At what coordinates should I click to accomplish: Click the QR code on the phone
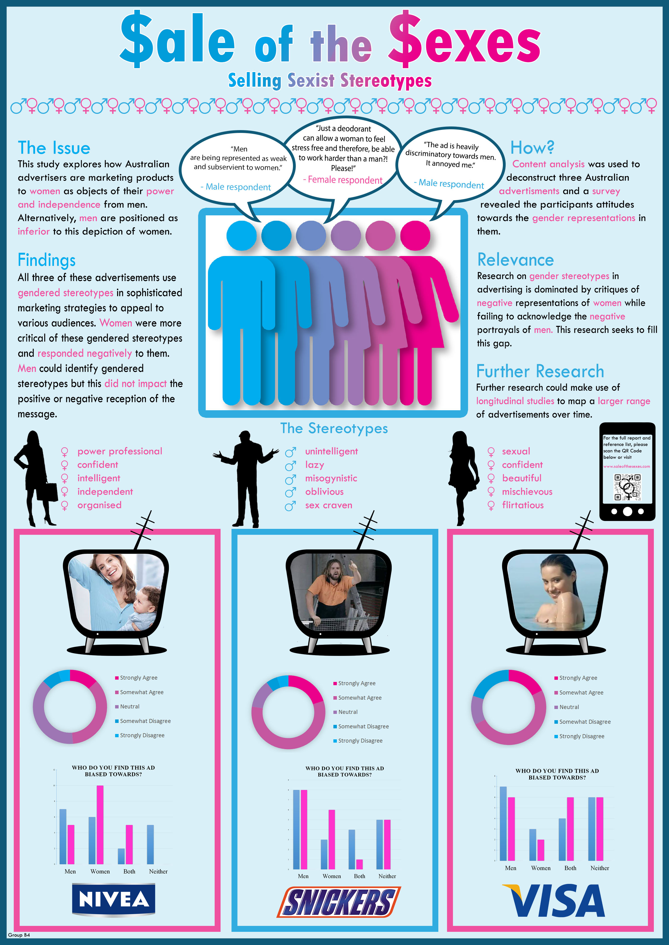[x=627, y=487]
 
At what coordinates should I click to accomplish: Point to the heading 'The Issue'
[x=54, y=148]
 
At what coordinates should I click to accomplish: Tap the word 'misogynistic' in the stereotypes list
[x=331, y=478]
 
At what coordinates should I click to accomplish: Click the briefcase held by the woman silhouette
[x=51, y=492]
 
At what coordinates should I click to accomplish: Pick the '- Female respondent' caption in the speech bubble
[x=343, y=180]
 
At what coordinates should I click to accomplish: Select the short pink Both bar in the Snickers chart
[x=359, y=864]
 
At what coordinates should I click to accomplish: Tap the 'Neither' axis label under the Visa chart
[x=599, y=868]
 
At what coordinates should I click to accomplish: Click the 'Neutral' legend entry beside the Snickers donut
[x=348, y=712]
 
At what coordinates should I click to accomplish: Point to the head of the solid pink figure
[x=415, y=236]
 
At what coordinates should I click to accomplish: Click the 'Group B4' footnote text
[x=19, y=935]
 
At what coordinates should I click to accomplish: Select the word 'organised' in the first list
[x=99, y=505]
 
